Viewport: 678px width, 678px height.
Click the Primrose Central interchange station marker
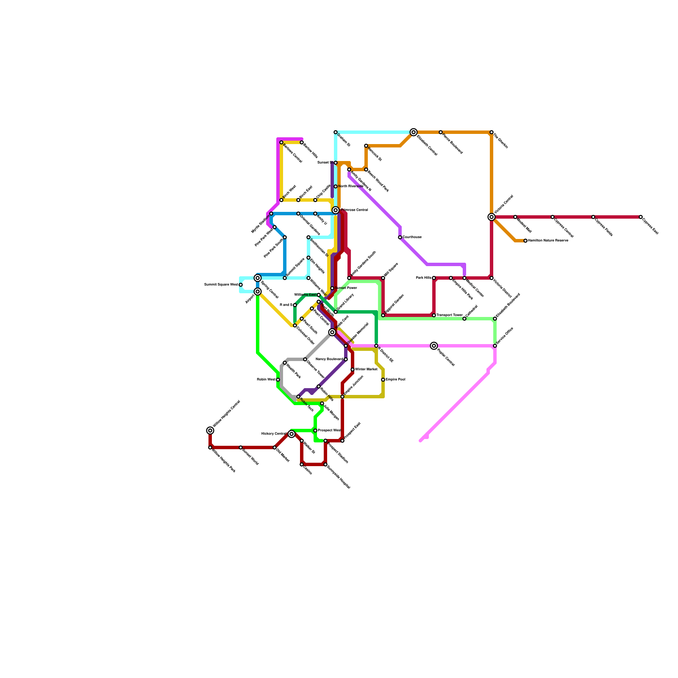point(336,210)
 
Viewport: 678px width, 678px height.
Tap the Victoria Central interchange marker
point(492,217)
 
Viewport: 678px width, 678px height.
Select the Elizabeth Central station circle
point(414,132)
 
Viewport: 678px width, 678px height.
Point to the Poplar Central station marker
point(434,346)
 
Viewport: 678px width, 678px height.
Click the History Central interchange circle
point(292,434)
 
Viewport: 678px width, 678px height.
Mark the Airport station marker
point(258,292)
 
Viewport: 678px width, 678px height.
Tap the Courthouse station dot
point(400,237)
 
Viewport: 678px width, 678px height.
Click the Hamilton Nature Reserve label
point(548,241)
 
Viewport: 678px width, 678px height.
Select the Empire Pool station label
point(395,380)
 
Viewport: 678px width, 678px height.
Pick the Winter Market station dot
point(353,370)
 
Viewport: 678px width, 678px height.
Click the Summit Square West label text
point(221,285)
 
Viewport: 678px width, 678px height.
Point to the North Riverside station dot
point(336,186)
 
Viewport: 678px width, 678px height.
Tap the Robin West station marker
point(278,380)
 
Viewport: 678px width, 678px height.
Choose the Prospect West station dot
point(315,431)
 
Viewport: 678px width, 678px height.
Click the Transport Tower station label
point(449,315)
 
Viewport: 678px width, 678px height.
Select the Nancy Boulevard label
point(329,359)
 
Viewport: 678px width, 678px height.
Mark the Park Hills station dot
point(434,278)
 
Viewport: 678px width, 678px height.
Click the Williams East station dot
point(319,295)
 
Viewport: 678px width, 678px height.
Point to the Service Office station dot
point(495,346)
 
